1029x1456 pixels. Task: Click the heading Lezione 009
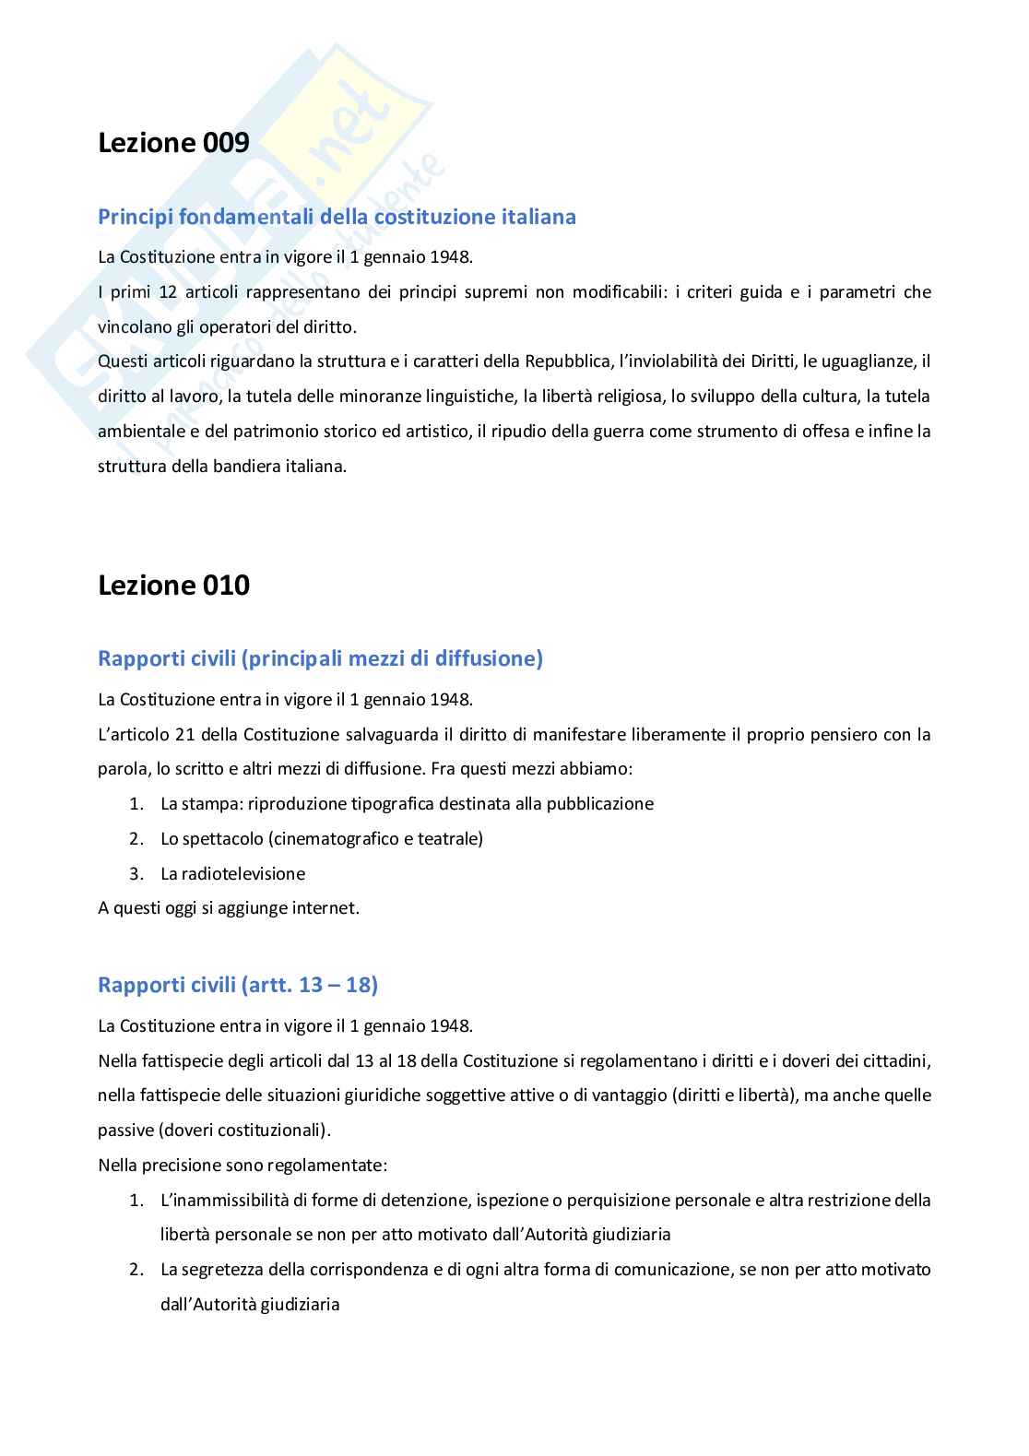173,143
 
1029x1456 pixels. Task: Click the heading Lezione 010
173,586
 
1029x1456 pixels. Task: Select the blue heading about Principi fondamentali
337,217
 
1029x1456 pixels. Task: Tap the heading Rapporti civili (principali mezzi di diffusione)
320,658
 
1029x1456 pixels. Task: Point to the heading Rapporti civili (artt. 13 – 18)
238,985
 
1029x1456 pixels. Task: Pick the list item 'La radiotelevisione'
232,874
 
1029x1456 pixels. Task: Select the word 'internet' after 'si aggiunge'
325,908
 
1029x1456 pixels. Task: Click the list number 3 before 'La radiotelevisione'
136,874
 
